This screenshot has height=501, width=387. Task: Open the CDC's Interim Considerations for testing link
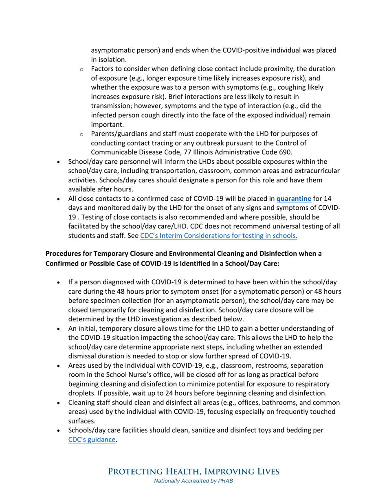point(218,235)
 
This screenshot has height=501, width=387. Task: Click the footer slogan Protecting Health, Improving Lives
point(193,472)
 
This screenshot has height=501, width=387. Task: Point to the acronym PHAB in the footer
point(224,481)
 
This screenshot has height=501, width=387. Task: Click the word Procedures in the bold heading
point(64,253)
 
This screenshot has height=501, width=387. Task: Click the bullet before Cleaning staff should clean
point(60,403)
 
